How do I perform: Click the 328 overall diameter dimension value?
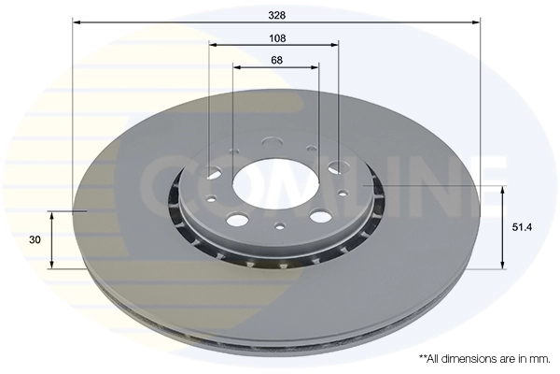[276, 14]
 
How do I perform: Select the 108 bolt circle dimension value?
[276, 37]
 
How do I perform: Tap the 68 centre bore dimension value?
[276, 61]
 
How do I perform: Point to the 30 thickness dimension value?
[35, 239]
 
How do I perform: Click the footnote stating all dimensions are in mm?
[484, 358]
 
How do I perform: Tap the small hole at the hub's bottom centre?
[279, 225]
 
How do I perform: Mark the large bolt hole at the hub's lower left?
[238, 221]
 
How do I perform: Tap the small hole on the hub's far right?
[343, 193]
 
